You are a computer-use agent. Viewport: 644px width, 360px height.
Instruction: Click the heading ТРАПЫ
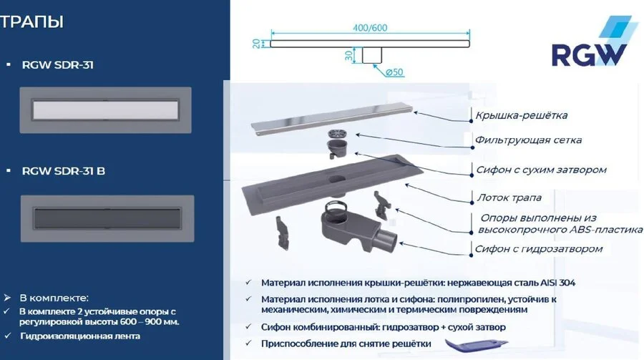pyautogui.click(x=33, y=22)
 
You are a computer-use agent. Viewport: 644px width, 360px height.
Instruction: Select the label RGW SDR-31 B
pyautogui.click(x=64, y=171)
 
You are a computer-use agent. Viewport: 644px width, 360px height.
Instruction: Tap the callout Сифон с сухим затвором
pyautogui.click(x=541, y=170)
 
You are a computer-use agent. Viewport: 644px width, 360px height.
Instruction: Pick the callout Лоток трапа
pyautogui.click(x=509, y=198)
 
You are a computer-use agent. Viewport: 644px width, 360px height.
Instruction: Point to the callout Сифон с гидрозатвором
pyautogui.click(x=539, y=249)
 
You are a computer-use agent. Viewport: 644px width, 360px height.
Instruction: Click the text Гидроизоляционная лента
pyautogui.click(x=79, y=336)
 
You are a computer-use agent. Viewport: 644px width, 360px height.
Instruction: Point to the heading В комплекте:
pyautogui.click(x=54, y=297)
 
